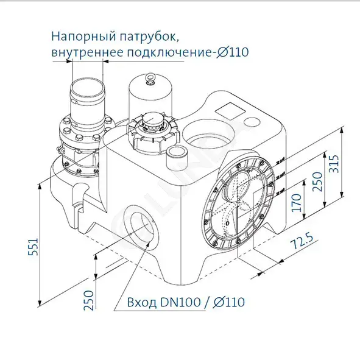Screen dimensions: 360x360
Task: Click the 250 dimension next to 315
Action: [x=317, y=181]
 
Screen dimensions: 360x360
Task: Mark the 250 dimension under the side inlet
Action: [x=89, y=299]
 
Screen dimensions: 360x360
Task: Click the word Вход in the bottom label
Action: [x=142, y=302]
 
